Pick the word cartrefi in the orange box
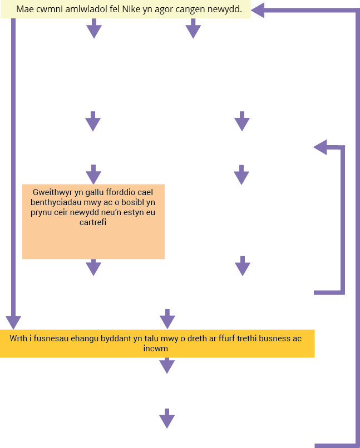93,222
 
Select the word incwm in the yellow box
156,349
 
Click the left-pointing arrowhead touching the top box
258,11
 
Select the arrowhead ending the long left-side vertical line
13,323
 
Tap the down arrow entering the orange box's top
93,175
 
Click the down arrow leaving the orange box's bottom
93,267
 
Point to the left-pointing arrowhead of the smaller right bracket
320,147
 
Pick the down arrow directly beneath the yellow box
167,365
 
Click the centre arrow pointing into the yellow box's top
167,319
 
